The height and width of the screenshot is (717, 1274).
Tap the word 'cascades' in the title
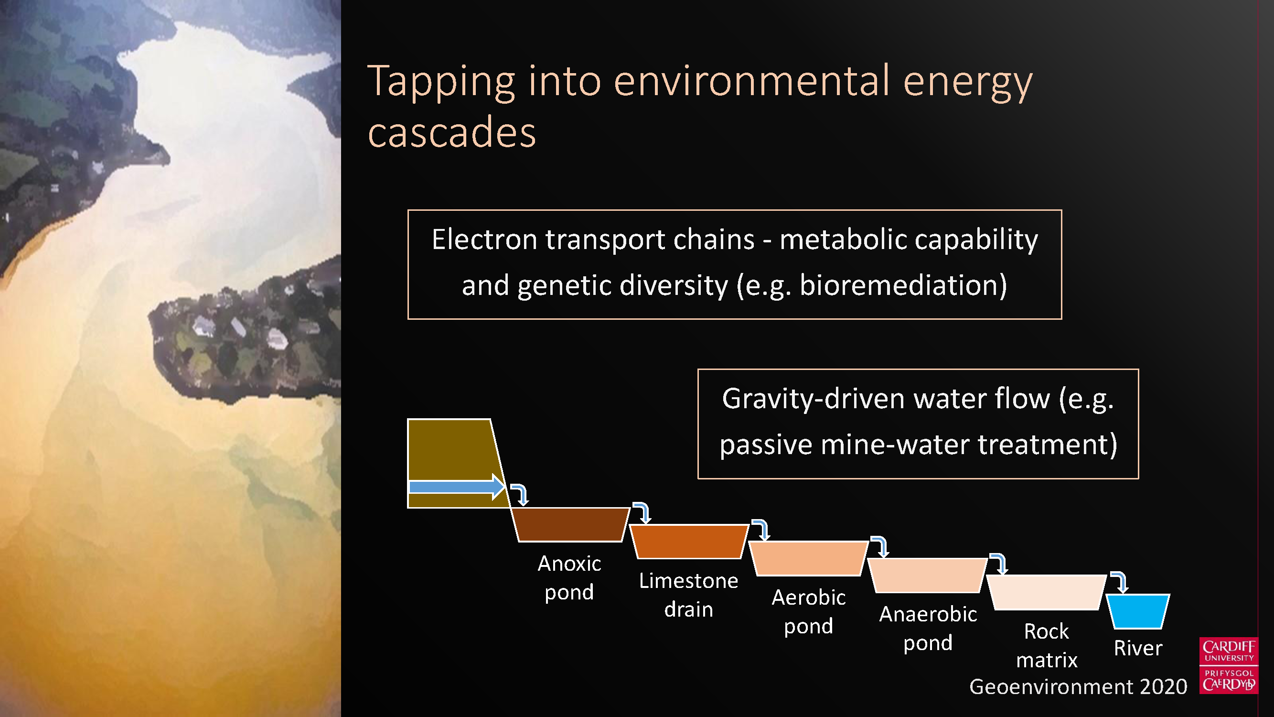tap(451, 132)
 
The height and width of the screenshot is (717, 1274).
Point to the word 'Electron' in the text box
tap(484, 239)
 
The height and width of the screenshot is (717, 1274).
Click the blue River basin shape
tap(1138, 611)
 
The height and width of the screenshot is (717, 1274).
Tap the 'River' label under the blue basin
tap(1138, 648)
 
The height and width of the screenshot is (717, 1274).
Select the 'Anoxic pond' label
tap(569, 577)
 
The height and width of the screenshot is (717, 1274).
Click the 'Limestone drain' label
tap(688, 595)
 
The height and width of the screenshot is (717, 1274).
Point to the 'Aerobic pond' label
tap(809, 612)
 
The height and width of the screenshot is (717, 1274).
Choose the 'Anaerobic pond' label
tap(928, 629)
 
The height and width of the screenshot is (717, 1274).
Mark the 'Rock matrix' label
tap(1047, 646)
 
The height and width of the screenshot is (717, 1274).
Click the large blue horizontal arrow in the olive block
tap(457, 487)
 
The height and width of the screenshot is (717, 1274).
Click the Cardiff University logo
tap(1229, 665)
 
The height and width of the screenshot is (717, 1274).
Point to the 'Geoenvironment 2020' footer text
tap(1078, 687)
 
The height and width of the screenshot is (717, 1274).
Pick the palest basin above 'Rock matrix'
tap(1047, 592)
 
